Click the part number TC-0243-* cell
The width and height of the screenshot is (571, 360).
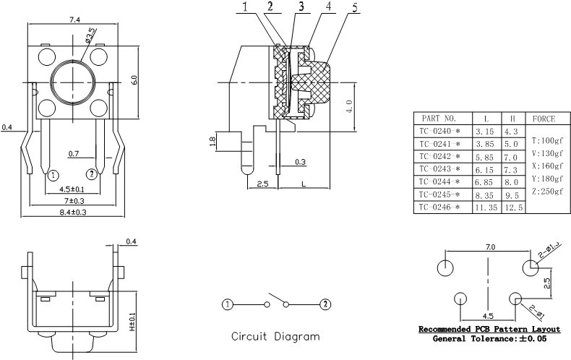pos(441,168)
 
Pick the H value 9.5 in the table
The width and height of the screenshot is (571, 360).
pos(511,194)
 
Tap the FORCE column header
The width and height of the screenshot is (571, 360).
pos(544,118)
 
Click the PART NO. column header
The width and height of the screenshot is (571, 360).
pos(440,118)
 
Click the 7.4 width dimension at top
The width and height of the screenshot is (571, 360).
pos(74,20)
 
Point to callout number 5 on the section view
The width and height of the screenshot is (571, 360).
pos(333,8)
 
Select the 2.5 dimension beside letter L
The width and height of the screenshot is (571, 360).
pos(262,184)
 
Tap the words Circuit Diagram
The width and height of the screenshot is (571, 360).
pos(275,336)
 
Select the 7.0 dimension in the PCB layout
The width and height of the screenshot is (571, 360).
pos(490,247)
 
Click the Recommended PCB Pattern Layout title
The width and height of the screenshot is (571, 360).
pos(489,330)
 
